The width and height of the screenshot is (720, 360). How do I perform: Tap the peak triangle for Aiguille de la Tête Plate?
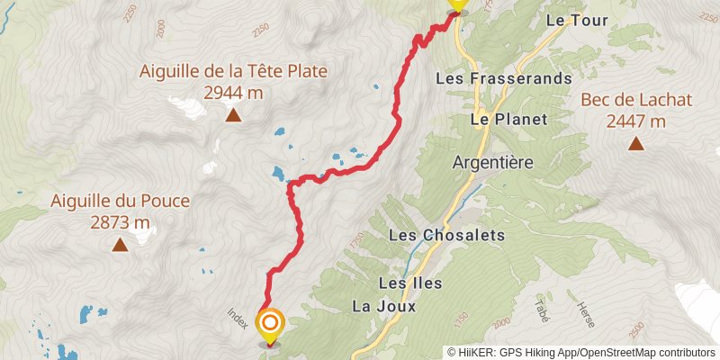(x=233, y=114)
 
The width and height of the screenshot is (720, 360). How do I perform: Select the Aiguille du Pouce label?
(x=121, y=201)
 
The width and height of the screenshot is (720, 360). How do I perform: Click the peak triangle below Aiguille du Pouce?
(x=120, y=243)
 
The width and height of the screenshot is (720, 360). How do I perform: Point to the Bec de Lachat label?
(x=636, y=101)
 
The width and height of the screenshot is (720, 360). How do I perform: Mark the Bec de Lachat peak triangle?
(x=636, y=142)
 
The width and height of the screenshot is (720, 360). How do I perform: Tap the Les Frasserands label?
(x=503, y=78)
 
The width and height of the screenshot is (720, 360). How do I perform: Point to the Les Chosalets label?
(x=446, y=234)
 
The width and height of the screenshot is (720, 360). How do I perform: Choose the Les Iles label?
(x=410, y=283)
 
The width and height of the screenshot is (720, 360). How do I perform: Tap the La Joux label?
(x=384, y=306)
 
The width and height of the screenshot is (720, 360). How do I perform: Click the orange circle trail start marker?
(x=270, y=322)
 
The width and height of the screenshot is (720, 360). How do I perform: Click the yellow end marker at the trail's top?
(x=457, y=4)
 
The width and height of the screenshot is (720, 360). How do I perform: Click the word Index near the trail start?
(x=237, y=318)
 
